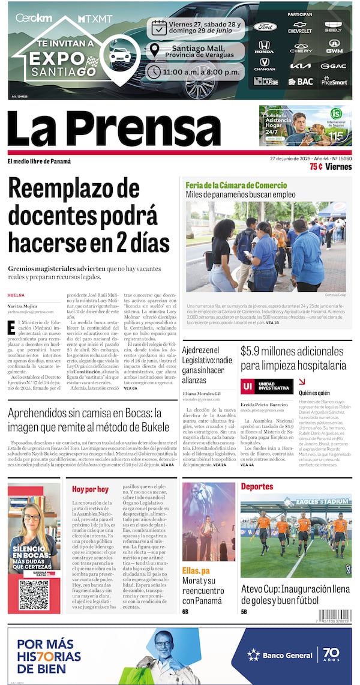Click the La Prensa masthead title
click(114, 128)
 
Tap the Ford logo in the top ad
click(264, 27)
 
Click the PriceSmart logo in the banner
click(334, 80)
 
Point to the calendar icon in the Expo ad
click(158, 27)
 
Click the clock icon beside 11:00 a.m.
click(154, 71)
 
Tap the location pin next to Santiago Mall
click(155, 50)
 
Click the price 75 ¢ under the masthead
click(316, 167)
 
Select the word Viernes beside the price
click(338, 167)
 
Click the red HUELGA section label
click(16, 295)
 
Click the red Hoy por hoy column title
click(91, 489)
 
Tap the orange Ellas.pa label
click(197, 570)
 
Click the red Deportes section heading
click(257, 486)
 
